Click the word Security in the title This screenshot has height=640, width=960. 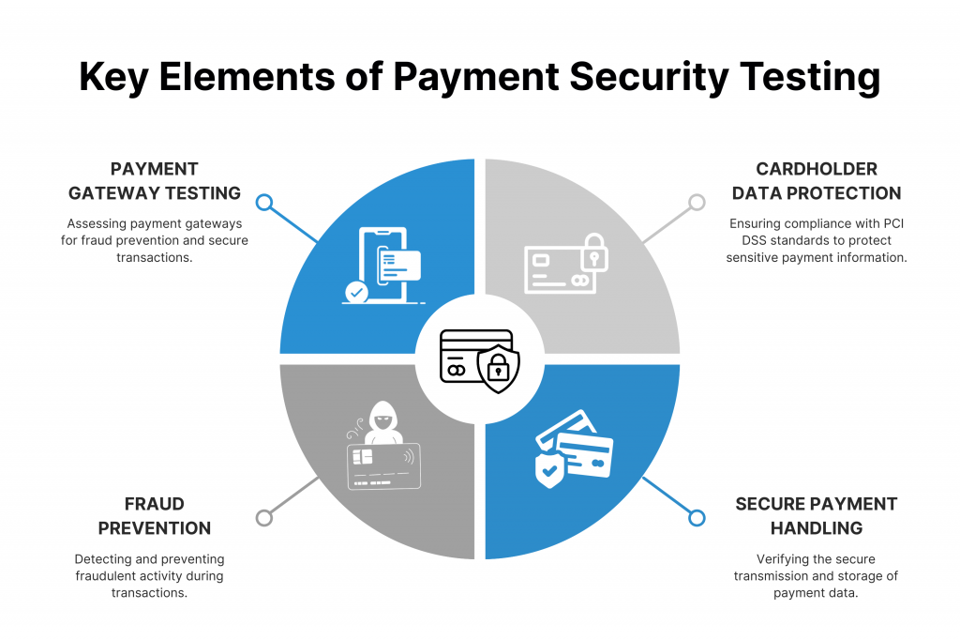pyautogui.click(x=649, y=78)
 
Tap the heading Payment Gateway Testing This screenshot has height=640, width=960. pyautogui.click(x=155, y=181)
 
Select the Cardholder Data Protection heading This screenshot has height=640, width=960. pyautogui.click(x=817, y=181)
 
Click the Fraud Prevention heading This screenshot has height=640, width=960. pyautogui.click(x=155, y=515)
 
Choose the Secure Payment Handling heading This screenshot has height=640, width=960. pyautogui.click(x=817, y=515)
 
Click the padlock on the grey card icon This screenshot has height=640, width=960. pyautogui.click(x=593, y=251)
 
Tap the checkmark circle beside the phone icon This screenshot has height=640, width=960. pyautogui.click(x=356, y=292)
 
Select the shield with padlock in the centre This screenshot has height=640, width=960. pyautogui.click(x=499, y=369)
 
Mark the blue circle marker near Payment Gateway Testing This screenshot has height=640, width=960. pyautogui.click(x=263, y=203)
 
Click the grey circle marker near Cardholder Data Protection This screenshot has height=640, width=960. pyautogui.click(x=697, y=203)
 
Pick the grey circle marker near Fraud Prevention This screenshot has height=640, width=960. pyautogui.click(x=263, y=518)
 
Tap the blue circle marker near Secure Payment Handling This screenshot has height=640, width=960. pyautogui.click(x=697, y=518)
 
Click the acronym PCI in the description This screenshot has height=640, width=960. pyautogui.click(x=893, y=223)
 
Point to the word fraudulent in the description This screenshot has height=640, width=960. pyautogui.click(x=105, y=576)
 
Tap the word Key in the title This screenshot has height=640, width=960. pyautogui.click(x=113, y=78)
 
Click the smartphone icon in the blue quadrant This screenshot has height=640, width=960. pyautogui.click(x=383, y=265)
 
